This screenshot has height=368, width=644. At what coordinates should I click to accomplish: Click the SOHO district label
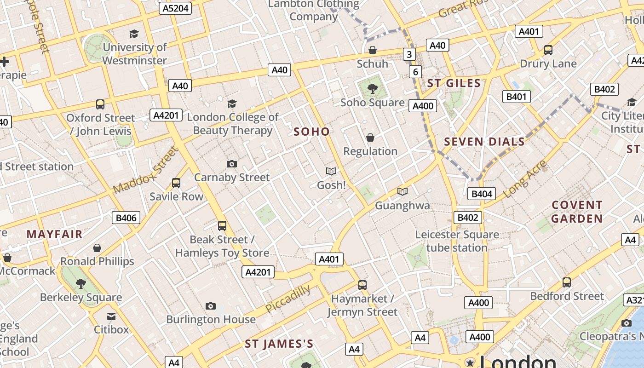[x=312, y=132]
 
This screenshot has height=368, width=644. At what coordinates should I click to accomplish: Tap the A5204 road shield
[x=175, y=8]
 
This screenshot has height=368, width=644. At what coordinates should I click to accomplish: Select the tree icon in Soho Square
[x=372, y=88]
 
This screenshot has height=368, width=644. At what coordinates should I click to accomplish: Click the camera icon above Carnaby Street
[x=232, y=164]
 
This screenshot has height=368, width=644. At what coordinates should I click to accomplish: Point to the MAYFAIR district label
[x=54, y=234]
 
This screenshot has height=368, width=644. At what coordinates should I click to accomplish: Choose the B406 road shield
[x=126, y=218]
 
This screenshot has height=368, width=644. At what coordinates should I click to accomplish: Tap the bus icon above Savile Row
[x=176, y=183]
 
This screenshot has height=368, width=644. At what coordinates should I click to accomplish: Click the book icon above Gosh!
[x=331, y=172]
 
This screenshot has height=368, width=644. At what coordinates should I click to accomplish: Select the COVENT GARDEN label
[x=577, y=212]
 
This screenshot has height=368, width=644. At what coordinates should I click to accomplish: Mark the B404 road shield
[x=482, y=194]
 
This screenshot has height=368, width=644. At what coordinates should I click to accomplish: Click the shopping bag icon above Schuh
[x=373, y=50]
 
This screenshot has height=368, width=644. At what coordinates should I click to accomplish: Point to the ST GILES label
[x=454, y=83]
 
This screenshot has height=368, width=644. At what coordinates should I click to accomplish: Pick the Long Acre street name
[x=525, y=179]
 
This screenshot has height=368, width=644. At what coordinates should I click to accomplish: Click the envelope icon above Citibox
[x=111, y=316]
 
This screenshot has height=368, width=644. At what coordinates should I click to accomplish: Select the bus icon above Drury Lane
[x=548, y=50]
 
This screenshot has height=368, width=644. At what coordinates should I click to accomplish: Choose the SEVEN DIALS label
[x=484, y=142]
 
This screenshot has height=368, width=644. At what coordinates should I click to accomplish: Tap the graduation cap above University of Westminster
[x=134, y=34]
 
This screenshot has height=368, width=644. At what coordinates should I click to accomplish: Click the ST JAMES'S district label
[x=279, y=344]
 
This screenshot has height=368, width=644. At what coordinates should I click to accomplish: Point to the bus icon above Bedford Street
[x=567, y=282]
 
